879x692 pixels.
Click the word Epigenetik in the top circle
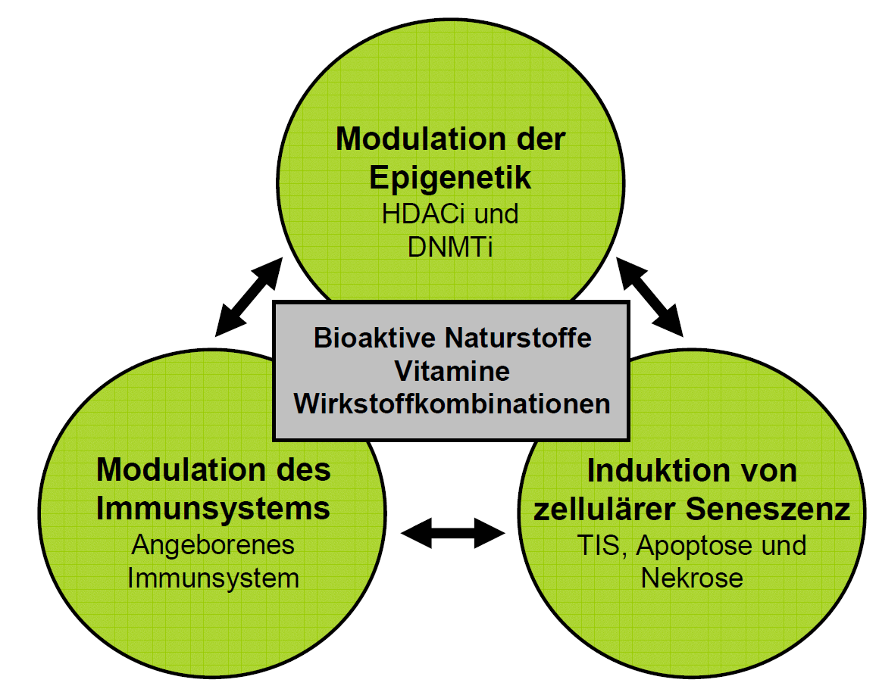point(450,177)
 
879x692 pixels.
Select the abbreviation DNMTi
point(450,248)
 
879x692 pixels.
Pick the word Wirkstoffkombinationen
point(452,404)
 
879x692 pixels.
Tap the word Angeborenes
point(214,544)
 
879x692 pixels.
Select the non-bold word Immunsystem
point(214,578)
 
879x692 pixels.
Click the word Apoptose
point(688,545)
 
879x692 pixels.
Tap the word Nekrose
point(691,578)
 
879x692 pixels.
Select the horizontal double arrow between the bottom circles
point(453,532)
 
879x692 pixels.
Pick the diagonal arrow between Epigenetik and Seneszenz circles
point(650,296)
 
